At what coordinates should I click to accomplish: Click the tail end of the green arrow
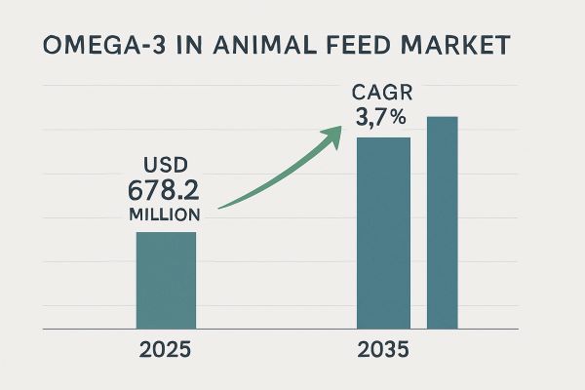(x=220, y=207)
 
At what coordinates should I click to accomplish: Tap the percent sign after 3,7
(x=401, y=122)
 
